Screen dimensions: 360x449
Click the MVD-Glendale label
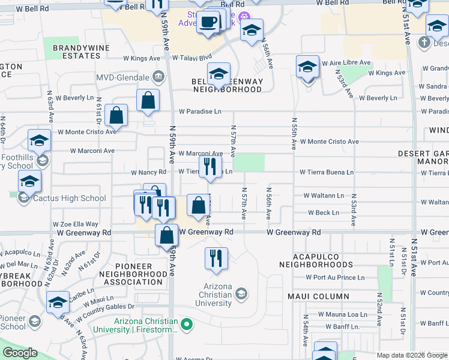pos(124,77)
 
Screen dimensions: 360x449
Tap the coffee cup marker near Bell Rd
pos(208,22)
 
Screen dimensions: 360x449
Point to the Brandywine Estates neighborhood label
pos(76,51)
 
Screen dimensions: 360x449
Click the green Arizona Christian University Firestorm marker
pos(187,325)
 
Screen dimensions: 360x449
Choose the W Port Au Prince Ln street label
pos(334,277)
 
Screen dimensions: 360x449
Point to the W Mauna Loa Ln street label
pos(342,314)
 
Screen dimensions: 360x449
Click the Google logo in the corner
pos(20,353)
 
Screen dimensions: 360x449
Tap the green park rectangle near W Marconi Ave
pos(249,163)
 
